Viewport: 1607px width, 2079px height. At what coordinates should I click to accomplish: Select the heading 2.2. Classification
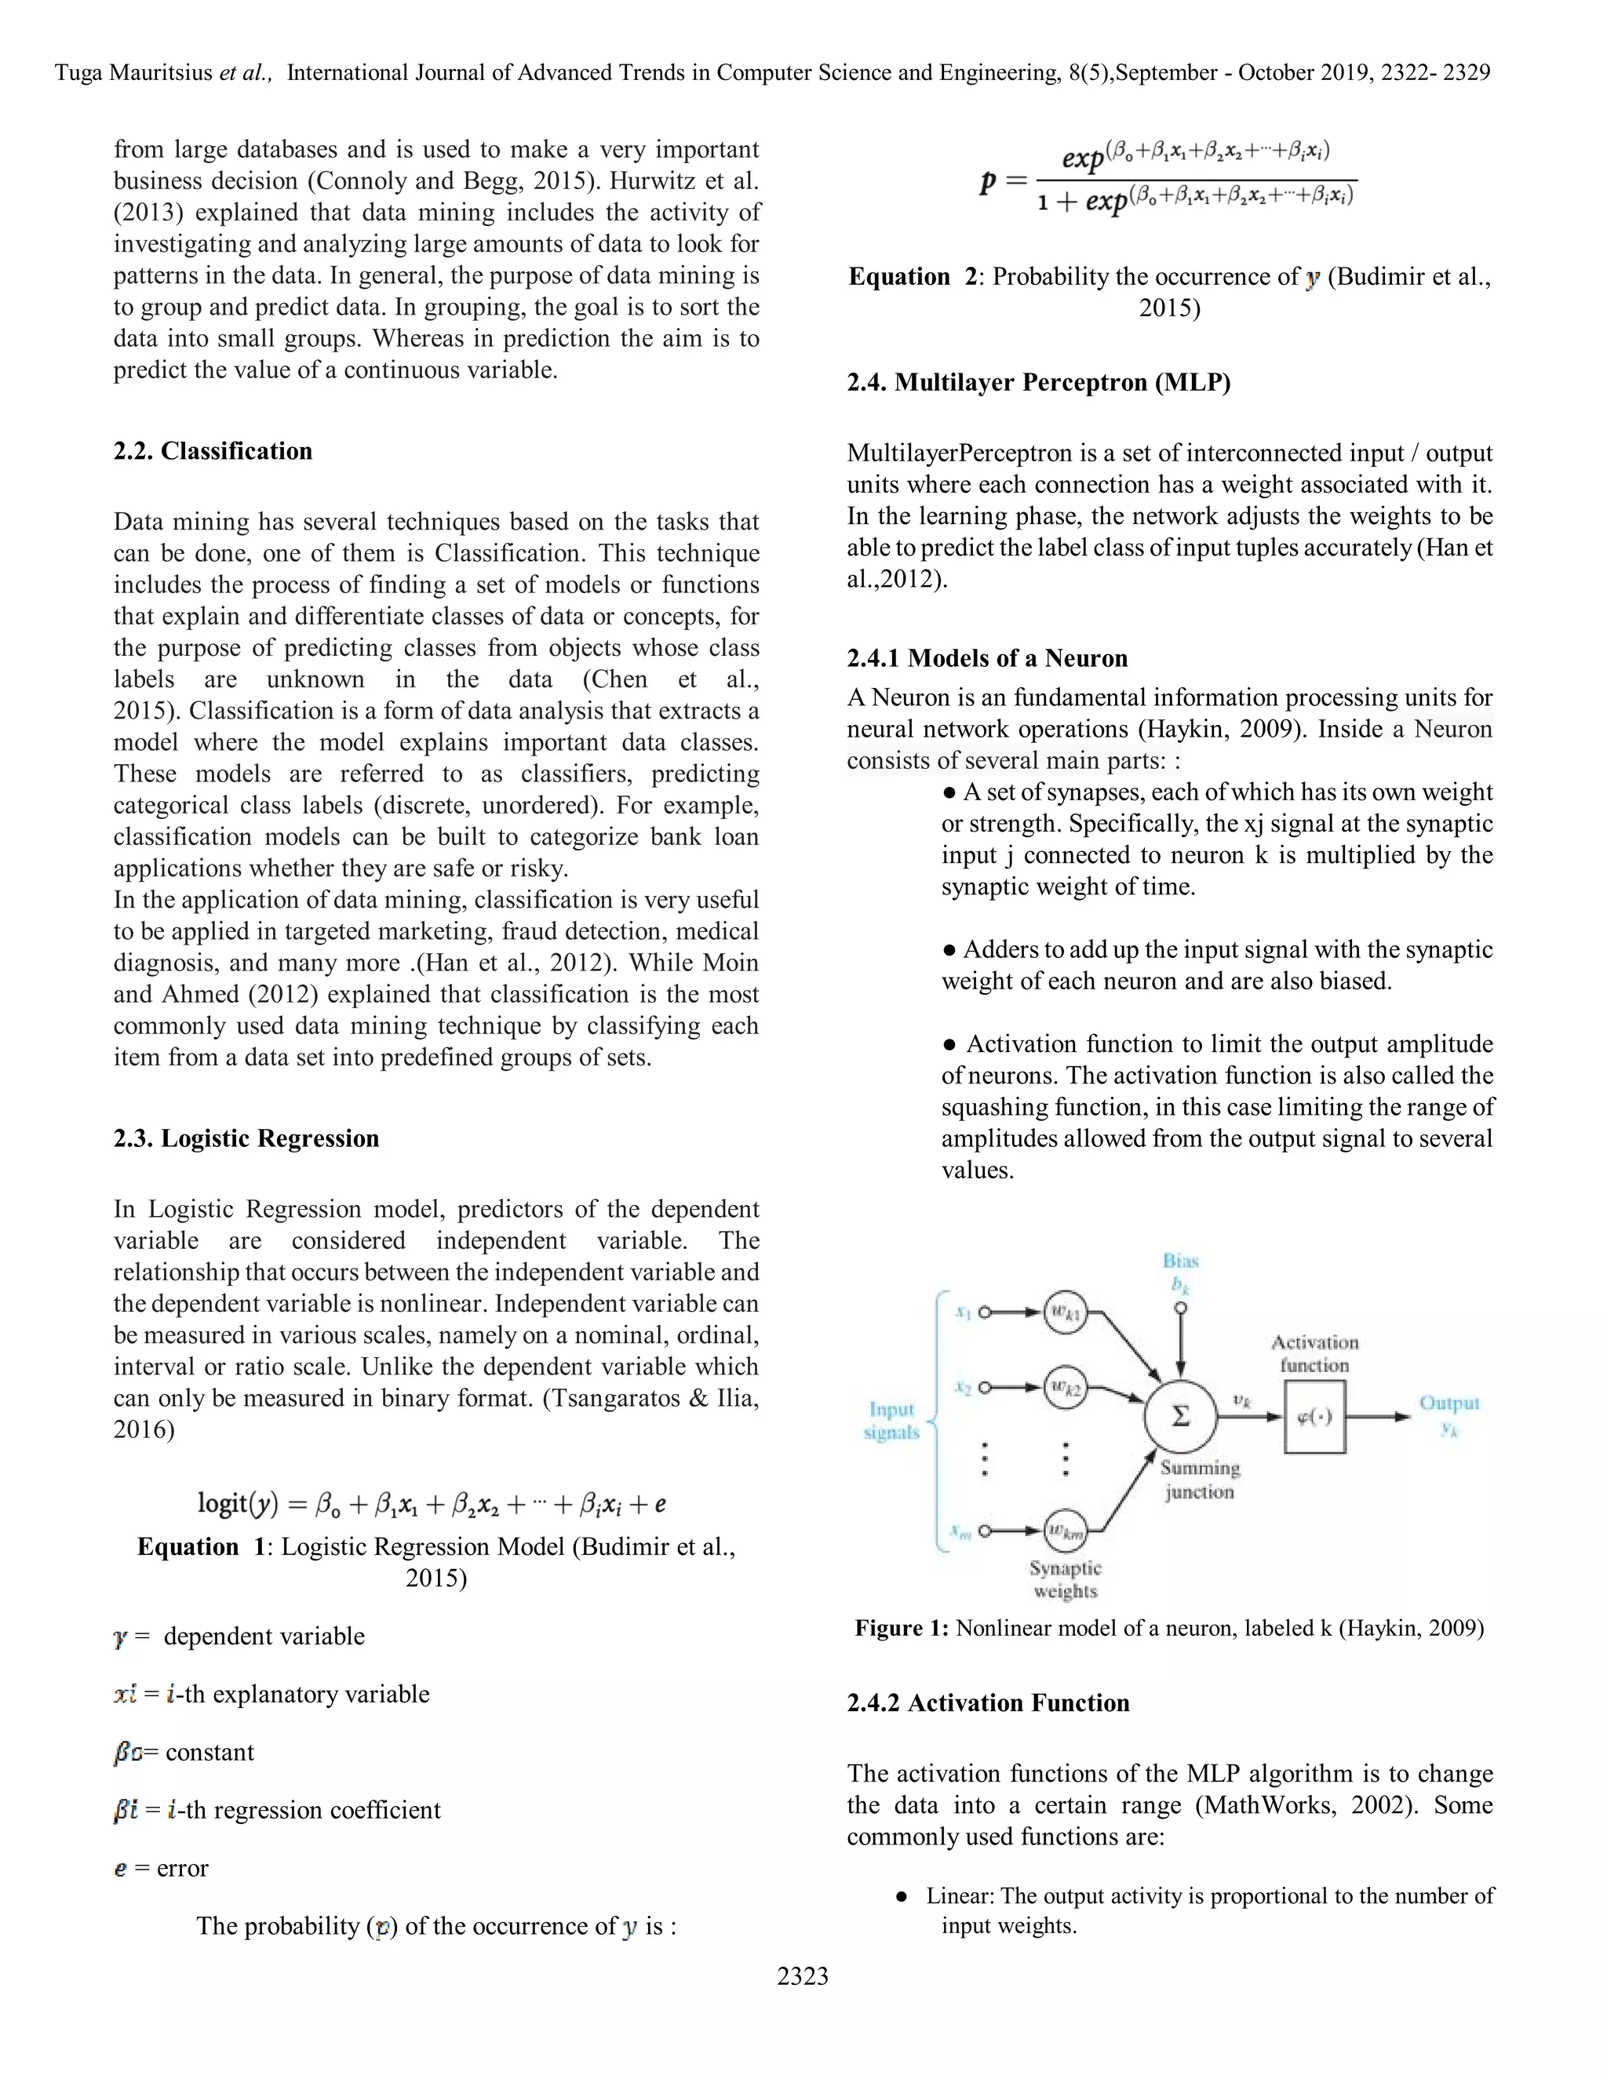click(x=213, y=450)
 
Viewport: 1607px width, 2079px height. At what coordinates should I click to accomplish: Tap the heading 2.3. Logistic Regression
click(x=246, y=1138)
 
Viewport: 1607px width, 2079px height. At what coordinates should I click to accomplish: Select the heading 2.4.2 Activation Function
click(x=987, y=1702)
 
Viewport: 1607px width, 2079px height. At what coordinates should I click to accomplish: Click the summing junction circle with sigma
click(x=1180, y=1415)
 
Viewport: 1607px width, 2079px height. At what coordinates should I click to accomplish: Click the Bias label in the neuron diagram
click(x=1180, y=1261)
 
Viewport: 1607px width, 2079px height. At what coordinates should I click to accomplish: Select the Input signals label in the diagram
click(x=891, y=1419)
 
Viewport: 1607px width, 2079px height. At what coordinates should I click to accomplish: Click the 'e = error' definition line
click(x=161, y=1868)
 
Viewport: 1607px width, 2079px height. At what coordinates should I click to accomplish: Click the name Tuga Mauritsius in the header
click(x=133, y=72)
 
